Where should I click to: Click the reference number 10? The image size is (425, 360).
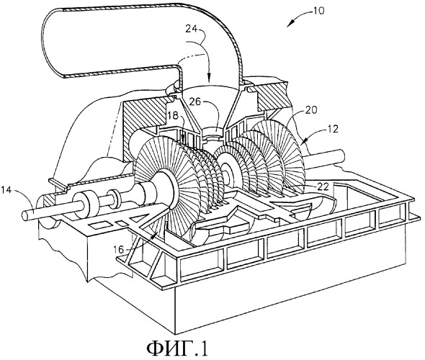[318, 11]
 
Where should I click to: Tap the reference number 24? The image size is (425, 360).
[192, 29]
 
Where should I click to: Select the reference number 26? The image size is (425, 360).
[194, 102]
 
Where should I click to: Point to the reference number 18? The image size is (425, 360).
[173, 116]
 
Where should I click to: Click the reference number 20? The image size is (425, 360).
[311, 110]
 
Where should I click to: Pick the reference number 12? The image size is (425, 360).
[333, 129]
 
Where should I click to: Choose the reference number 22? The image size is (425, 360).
[323, 186]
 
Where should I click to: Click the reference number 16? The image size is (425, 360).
[118, 249]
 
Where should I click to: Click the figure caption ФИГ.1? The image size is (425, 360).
[177, 348]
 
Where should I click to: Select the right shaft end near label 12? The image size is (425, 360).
[341, 156]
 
